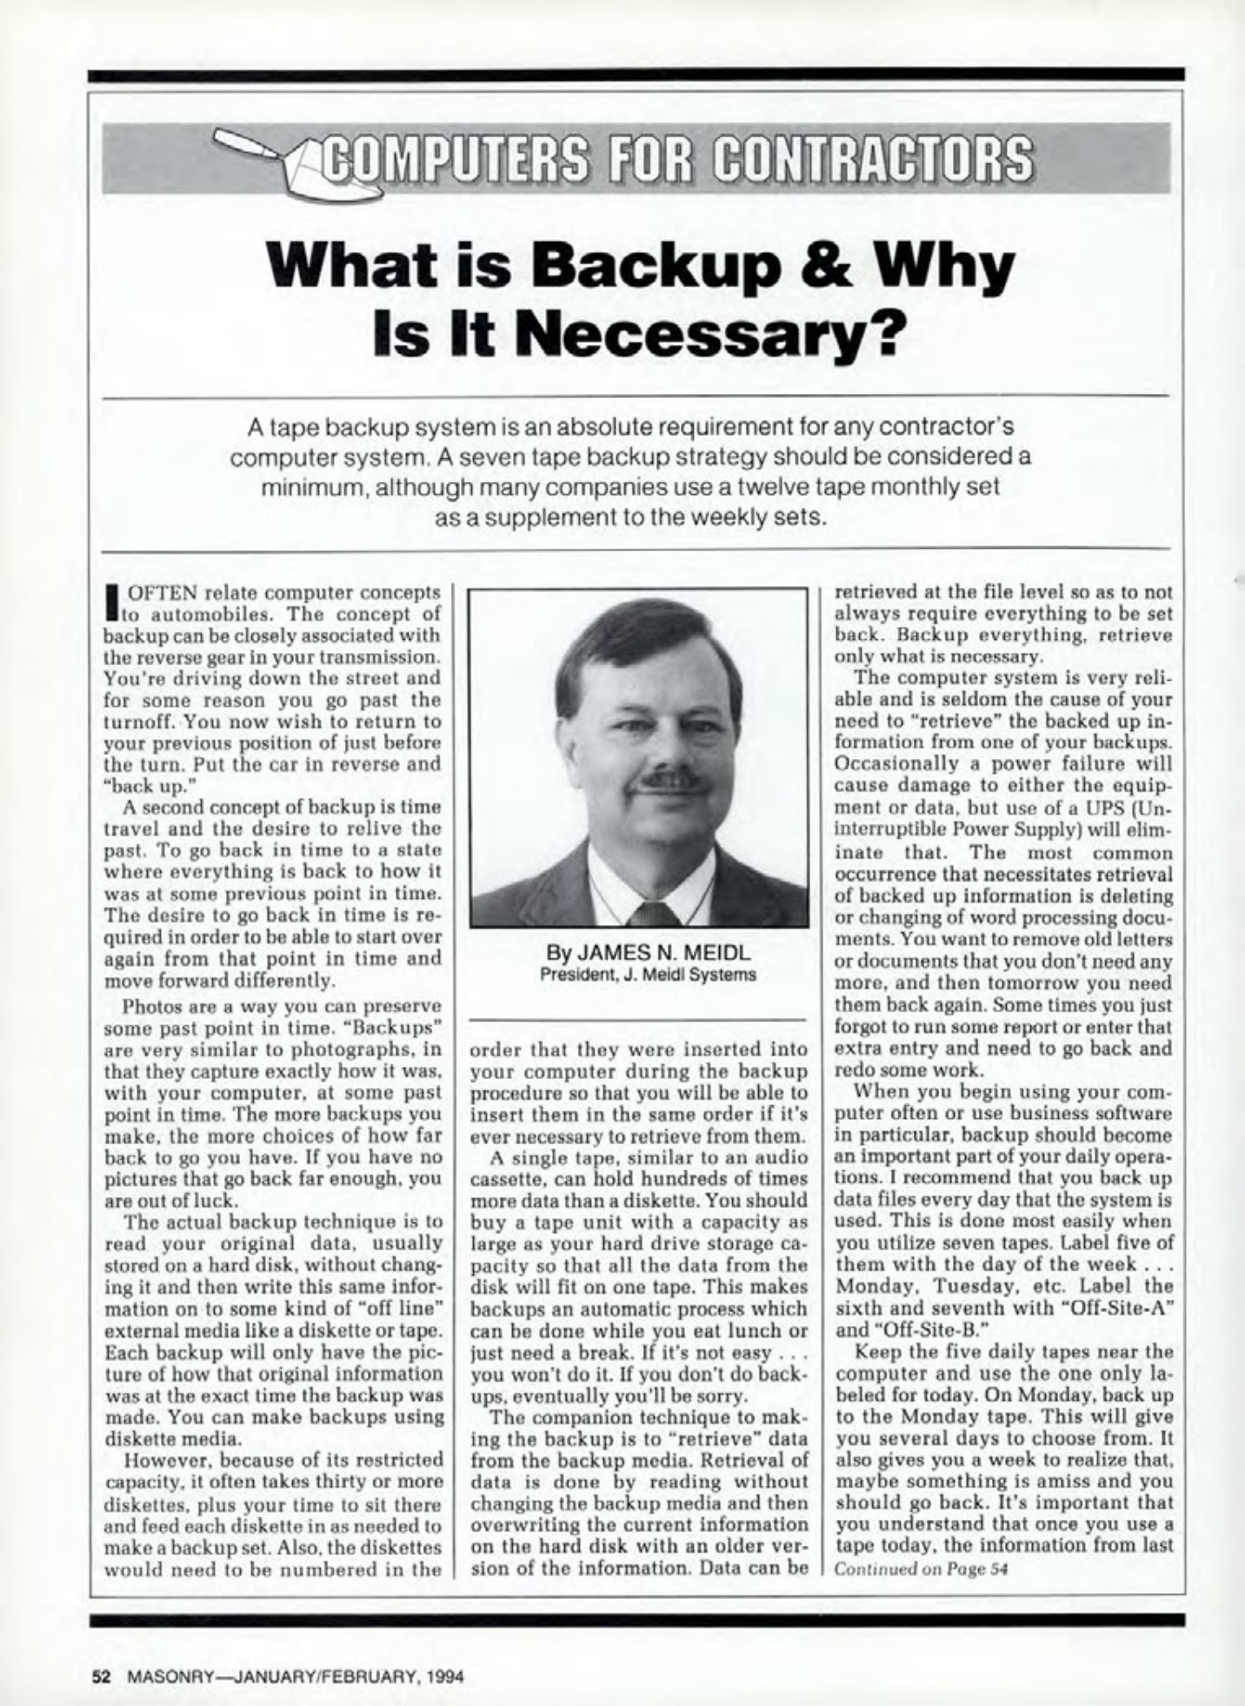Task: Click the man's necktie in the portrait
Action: pyautogui.click(x=653, y=912)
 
